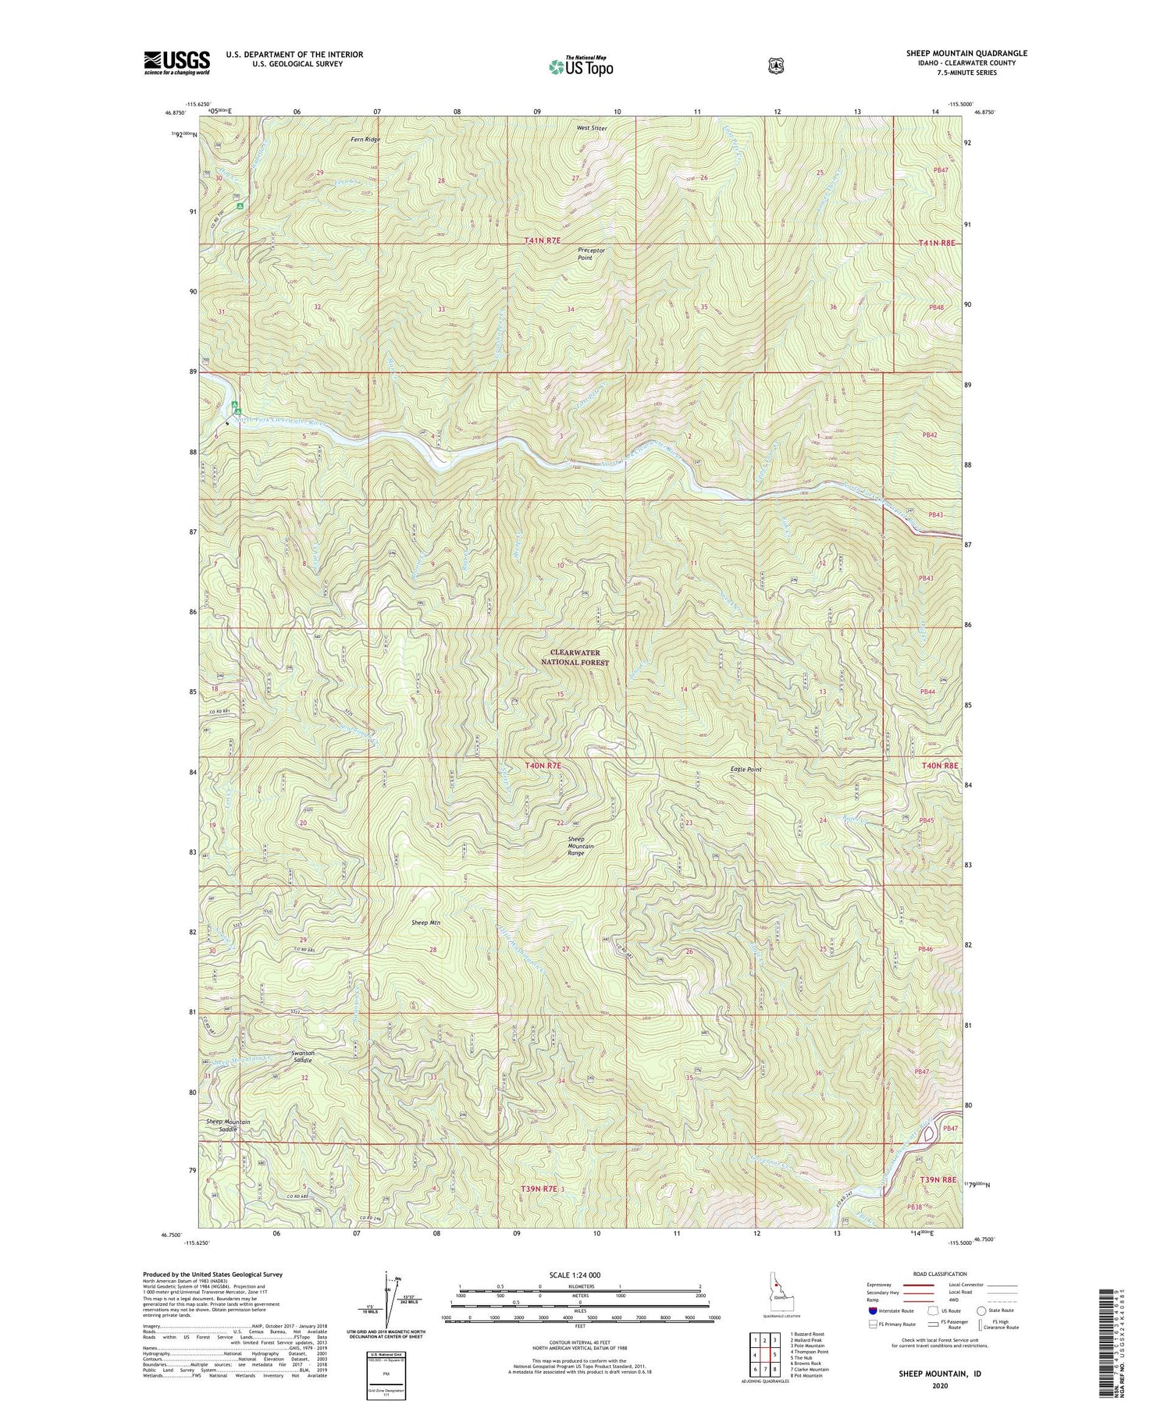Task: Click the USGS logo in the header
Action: click(x=177, y=62)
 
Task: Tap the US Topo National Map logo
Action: click(x=581, y=66)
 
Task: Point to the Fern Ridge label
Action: click(x=365, y=140)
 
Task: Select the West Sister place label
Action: click(x=592, y=128)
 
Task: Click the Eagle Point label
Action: click(x=746, y=770)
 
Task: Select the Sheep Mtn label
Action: click(x=426, y=923)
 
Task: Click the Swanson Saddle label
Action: click(x=302, y=1057)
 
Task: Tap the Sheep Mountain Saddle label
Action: click(x=228, y=1125)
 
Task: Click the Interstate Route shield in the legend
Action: click(x=872, y=1310)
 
